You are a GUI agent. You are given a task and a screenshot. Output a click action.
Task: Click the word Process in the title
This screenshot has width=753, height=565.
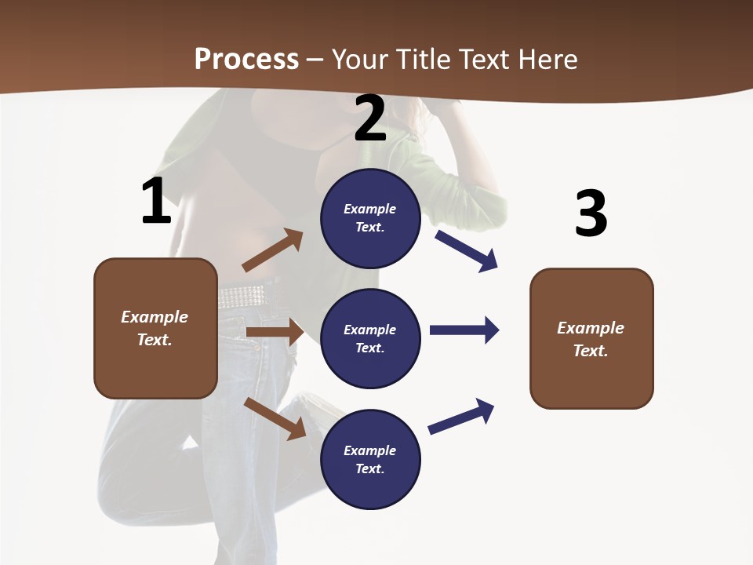pos(246,59)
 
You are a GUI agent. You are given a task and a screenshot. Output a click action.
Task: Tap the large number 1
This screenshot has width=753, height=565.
pos(156,202)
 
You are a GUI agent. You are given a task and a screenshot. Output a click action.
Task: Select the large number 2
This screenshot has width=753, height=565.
pos(370,118)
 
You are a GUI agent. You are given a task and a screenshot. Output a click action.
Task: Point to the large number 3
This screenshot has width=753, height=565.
pos(591,213)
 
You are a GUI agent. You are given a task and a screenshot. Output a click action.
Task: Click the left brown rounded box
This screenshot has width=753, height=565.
pos(155,328)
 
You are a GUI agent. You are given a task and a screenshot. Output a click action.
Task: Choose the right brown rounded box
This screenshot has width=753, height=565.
pos(591,339)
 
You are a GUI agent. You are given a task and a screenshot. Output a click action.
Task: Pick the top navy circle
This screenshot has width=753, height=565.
pos(370,218)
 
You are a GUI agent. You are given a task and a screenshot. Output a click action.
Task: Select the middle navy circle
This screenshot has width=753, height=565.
pos(370,338)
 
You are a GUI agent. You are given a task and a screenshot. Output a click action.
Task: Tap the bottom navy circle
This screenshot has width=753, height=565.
pos(370,459)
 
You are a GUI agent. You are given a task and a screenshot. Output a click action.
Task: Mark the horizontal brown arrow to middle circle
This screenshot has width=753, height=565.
pos(275,332)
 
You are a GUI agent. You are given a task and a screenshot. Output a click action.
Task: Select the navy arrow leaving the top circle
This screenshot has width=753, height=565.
pos(467,250)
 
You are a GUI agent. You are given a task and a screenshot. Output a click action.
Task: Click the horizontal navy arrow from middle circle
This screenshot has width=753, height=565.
pos(464,330)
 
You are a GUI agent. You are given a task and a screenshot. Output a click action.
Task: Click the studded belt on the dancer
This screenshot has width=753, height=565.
pos(241,296)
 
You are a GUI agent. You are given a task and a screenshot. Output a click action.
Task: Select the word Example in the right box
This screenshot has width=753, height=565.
pos(591,328)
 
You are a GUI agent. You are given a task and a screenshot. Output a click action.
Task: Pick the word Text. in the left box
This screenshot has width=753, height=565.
pos(155,340)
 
